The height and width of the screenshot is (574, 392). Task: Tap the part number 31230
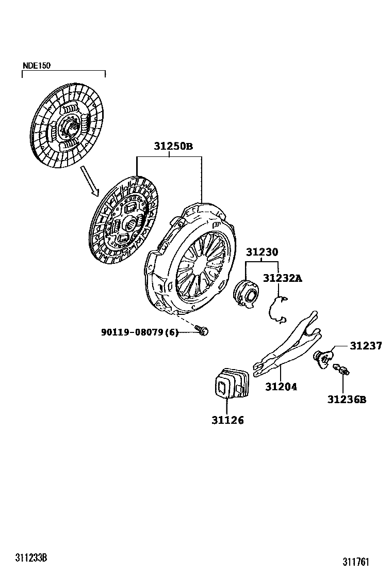click(262, 252)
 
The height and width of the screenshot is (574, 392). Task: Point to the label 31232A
click(282, 279)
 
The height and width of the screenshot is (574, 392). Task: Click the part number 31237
click(366, 346)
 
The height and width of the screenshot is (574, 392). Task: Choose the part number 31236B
click(347, 399)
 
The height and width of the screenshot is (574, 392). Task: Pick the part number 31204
click(281, 386)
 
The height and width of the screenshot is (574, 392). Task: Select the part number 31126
click(227, 420)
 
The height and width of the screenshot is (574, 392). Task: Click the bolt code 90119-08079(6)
click(139, 332)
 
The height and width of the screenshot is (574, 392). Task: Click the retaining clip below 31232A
click(278, 310)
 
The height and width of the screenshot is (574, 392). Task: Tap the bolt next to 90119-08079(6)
click(202, 331)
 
